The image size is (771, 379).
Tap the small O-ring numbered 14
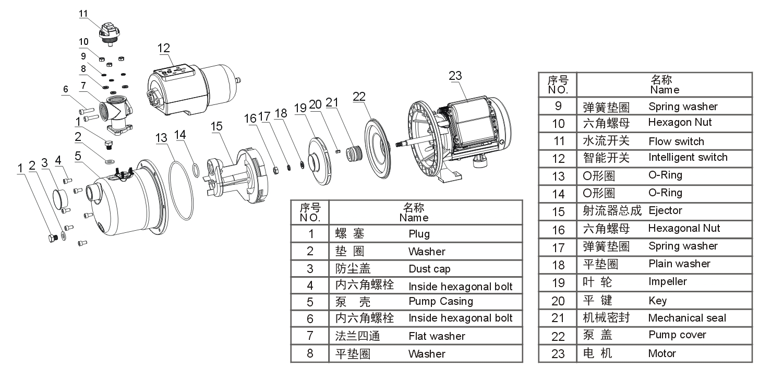tap(195, 170)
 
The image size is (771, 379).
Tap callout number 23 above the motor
tap(455, 75)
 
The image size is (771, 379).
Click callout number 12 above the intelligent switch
tap(164, 49)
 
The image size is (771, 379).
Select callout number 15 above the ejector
tap(216, 126)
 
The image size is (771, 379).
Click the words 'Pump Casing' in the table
tap(441, 301)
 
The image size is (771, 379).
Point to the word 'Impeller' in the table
tap(667, 281)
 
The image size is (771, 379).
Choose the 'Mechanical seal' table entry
tap(686, 317)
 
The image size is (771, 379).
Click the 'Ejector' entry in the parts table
tap(665, 210)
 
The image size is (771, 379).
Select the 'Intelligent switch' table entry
tap(688, 157)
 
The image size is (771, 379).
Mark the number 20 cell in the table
tap(558, 301)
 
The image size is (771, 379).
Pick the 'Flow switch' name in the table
tap(676, 141)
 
